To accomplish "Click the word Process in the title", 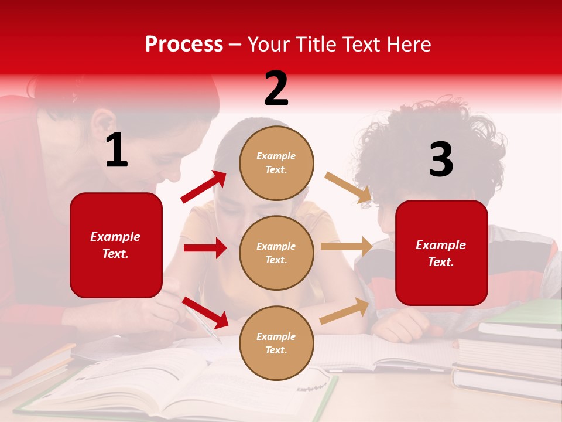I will point(184,44).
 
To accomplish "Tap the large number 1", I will point(116,151).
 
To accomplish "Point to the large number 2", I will point(276,89).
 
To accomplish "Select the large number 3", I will point(441,160).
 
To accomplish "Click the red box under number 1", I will point(116,245).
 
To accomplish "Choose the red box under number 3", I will point(441,253).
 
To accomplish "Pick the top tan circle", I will point(276,162).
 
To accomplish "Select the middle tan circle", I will point(276,253).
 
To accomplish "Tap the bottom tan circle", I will point(276,343).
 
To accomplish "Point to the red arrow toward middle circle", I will point(205,248).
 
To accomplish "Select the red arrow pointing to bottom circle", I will point(205,312).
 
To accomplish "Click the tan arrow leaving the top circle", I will point(348,187).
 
